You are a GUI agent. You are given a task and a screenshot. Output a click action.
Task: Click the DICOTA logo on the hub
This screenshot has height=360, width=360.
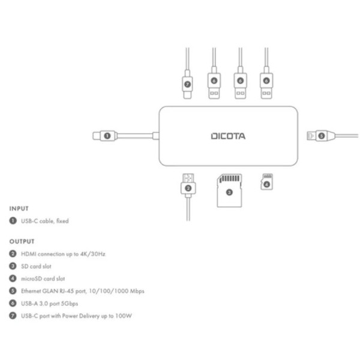point(228,136)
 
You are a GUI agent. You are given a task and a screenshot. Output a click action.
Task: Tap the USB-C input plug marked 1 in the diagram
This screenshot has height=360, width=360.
point(106,136)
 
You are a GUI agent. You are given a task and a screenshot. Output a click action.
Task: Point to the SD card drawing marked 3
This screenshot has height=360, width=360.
point(229,190)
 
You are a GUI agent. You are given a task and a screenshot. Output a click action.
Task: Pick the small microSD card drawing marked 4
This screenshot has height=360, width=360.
point(266,181)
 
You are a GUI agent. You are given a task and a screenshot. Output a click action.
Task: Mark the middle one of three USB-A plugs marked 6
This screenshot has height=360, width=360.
point(240,80)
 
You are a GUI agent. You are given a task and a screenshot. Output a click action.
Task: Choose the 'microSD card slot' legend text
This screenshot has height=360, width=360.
point(43,278)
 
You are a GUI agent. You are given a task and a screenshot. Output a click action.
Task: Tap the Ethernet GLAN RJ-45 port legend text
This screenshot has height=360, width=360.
point(83,291)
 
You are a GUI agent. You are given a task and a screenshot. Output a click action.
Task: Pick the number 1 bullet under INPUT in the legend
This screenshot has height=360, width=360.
point(13,221)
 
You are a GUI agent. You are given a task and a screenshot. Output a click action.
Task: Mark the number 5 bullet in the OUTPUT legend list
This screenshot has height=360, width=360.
point(13,291)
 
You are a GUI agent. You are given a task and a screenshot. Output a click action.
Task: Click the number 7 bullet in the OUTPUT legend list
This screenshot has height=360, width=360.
point(13,316)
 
